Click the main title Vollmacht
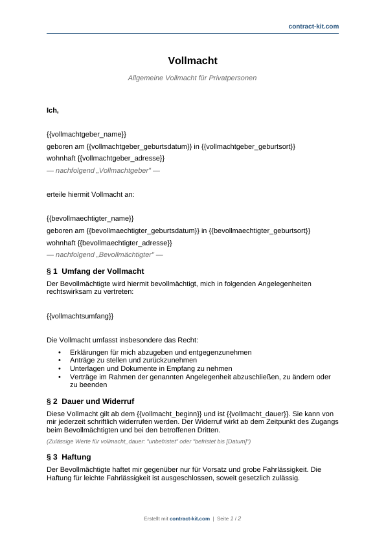point(192,61)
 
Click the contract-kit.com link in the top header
point(313,27)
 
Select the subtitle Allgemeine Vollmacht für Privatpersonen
point(192,78)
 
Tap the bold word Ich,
point(52,110)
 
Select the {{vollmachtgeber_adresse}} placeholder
point(121,158)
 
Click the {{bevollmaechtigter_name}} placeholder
point(90,219)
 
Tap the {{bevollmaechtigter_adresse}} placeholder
point(124,243)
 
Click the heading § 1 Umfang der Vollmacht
point(95,271)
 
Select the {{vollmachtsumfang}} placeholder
point(80,316)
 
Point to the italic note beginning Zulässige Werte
point(148,441)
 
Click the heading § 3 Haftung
point(69,457)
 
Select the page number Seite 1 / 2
point(229,518)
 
